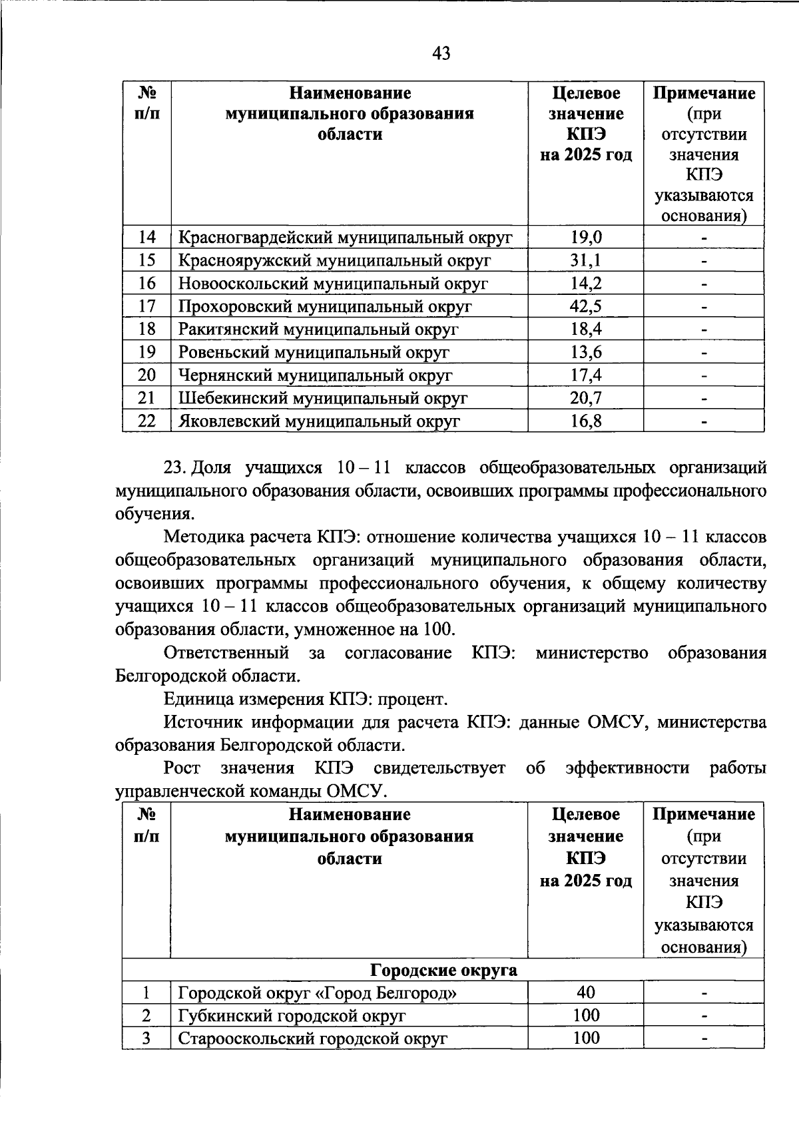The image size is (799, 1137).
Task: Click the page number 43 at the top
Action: tap(441, 53)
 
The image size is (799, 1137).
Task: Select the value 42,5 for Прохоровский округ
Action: tap(586, 306)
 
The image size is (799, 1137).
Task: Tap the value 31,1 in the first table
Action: tap(586, 260)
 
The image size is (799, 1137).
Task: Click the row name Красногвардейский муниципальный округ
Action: tap(345, 238)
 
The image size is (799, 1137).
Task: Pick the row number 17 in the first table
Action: tap(146, 306)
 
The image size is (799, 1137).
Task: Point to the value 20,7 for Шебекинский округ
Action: tap(586, 398)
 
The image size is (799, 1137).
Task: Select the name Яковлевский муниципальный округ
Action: tap(319, 421)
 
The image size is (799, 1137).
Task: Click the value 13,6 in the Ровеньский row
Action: tap(586, 352)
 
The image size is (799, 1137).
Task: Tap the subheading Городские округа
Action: tap(443, 970)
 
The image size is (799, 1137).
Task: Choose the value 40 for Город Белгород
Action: tap(586, 993)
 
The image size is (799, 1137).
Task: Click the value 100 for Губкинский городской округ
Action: tap(586, 1015)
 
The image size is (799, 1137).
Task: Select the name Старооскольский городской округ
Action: tap(312, 1038)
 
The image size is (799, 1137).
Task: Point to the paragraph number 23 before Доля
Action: tap(175, 468)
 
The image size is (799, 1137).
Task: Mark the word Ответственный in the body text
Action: tap(226, 653)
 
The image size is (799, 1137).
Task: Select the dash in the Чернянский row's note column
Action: tap(704, 376)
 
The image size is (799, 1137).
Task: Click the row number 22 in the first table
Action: tap(146, 421)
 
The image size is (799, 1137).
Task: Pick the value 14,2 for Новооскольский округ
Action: tap(586, 284)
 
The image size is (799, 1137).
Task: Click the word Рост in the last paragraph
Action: tap(182, 768)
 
